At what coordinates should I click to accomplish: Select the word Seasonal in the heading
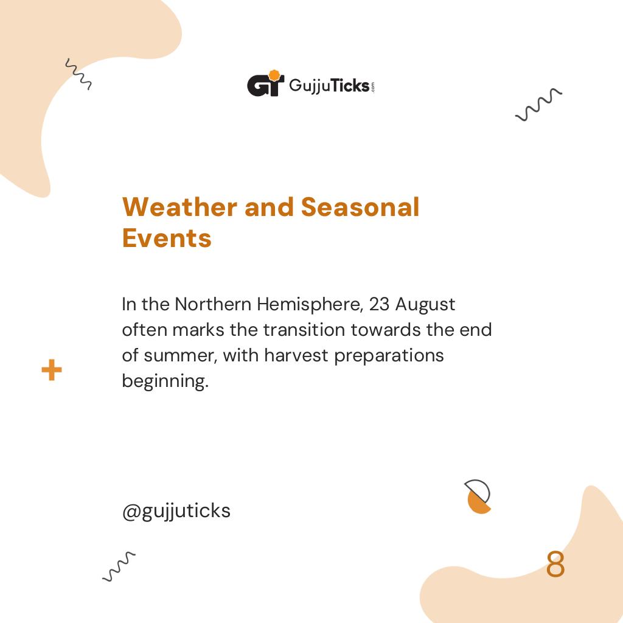[x=360, y=207]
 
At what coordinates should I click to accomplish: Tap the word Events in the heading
[x=167, y=238]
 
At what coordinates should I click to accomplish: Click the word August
[x=425, y=304]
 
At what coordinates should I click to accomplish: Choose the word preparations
[x=389, y=355]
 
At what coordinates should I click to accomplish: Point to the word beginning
[x=165, y=381]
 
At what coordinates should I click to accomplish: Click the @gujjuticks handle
[x=176, y=511]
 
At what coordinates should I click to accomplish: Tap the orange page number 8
[x=555, y=565]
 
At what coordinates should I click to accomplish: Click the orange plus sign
[x=52, y=370]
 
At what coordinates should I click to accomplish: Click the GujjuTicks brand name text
[x=329, y=85]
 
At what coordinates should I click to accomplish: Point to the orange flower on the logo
[x=274, y=76]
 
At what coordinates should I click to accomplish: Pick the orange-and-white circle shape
[x=478, y=497]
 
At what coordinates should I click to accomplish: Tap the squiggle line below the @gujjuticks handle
[x=119, y=566]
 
